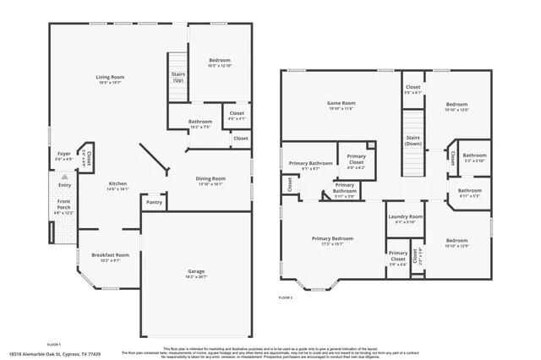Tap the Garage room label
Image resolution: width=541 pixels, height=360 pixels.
tap(195, 271)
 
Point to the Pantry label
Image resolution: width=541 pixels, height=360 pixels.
tap(154, 202)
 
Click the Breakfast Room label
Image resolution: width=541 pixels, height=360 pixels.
tap(110, 254)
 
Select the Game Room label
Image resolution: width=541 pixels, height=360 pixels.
tap(341, 103)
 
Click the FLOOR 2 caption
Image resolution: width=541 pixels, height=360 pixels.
tap(286, 297)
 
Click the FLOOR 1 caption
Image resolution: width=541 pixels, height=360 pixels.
tap(54, 344)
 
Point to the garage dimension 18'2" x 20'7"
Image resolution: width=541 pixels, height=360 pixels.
tap(195, 277)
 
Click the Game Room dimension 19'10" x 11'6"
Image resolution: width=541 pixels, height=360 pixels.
tap(341, 109)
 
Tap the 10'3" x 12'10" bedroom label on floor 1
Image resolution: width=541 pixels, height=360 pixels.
tap(219, 66)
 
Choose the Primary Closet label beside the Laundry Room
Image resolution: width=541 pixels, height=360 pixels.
tap(397, 256)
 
